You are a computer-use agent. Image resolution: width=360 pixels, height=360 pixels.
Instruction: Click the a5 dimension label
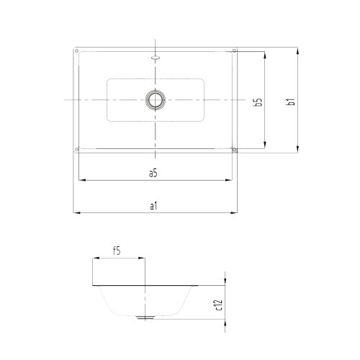(x=153, y=173)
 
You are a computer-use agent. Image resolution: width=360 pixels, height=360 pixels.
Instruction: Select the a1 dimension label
(x=153, y=206)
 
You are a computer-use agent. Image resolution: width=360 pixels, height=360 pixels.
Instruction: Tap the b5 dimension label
(x=258, y=102)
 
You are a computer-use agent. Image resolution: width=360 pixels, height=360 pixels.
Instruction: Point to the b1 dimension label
(x=291, y=102)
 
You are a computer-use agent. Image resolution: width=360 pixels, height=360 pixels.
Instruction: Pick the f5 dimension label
(x=116, y=251)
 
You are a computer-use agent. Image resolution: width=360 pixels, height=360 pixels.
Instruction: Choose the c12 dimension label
(x=218, y=307)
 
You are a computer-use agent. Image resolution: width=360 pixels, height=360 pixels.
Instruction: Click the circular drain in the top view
(x=155, y=99)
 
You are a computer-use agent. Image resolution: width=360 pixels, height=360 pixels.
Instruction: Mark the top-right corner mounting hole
(x=234, y=50)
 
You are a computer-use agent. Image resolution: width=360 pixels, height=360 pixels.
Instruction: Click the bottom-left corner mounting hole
(x=77, y=150)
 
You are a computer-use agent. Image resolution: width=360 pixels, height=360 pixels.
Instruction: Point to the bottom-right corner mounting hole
(x=234, y=150)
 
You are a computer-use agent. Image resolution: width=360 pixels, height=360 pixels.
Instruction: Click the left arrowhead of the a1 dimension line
(x=76, y=212)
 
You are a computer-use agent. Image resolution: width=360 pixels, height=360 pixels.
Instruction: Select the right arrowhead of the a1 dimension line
(x=236, y=212)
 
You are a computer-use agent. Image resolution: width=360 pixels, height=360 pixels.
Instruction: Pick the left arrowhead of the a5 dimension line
(x=78, y=180)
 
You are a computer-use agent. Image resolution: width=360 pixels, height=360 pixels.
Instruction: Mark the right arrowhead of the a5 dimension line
(x=232, y=180)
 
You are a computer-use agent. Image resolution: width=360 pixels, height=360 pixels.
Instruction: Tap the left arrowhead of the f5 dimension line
(x=95, y=258)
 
